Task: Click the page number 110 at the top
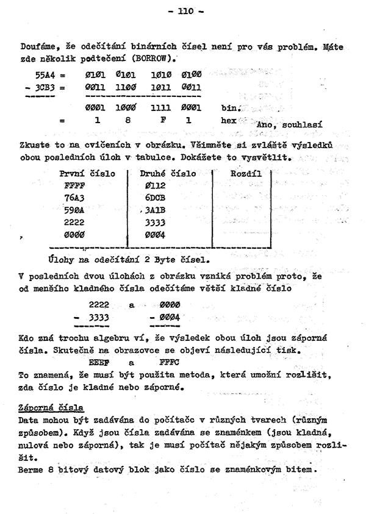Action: coord(183,11)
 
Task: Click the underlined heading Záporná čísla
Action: coord(52,407)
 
